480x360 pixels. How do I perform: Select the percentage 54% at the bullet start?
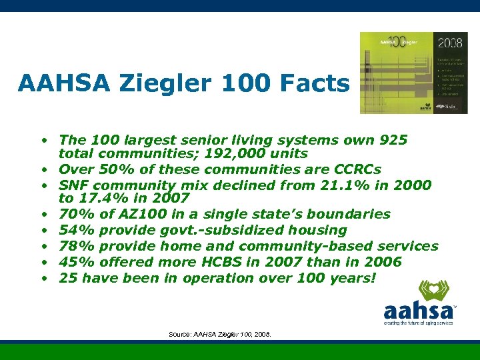pyautogui.click(x=75, y=230)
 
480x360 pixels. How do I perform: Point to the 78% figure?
pyautogui.click(x=75, y=246)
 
